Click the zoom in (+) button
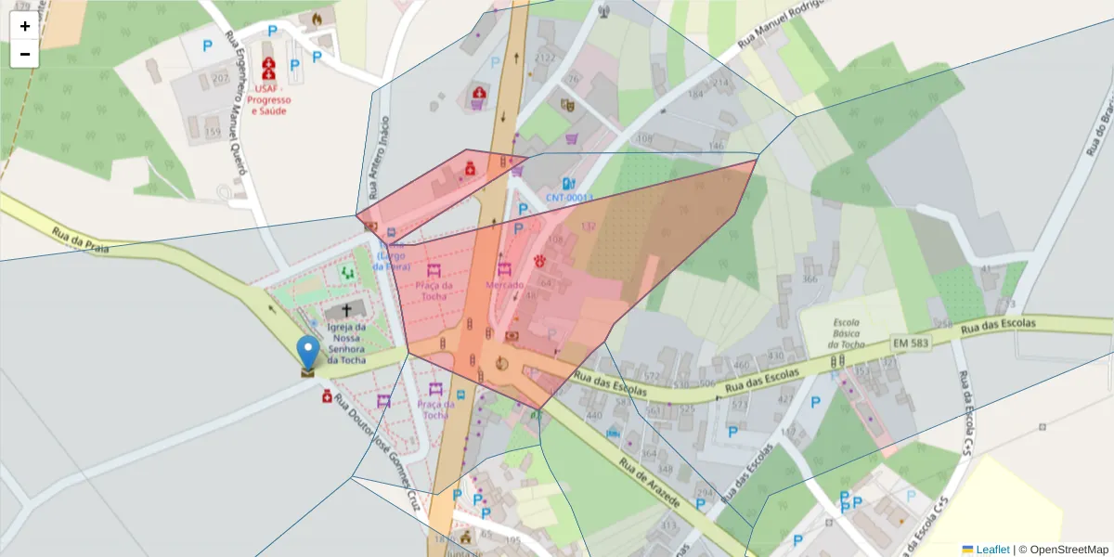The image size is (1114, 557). coord(25,26)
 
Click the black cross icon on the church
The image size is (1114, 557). coord(347,310)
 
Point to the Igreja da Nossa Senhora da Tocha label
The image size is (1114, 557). coord(346,343)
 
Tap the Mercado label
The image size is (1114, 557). coord(505,285)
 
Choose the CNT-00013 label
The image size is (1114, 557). coord(569,198)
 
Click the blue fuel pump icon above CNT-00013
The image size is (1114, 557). coord(568,184)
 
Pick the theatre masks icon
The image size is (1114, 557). coord(567,105)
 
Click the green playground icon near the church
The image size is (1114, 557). coord(347,272)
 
